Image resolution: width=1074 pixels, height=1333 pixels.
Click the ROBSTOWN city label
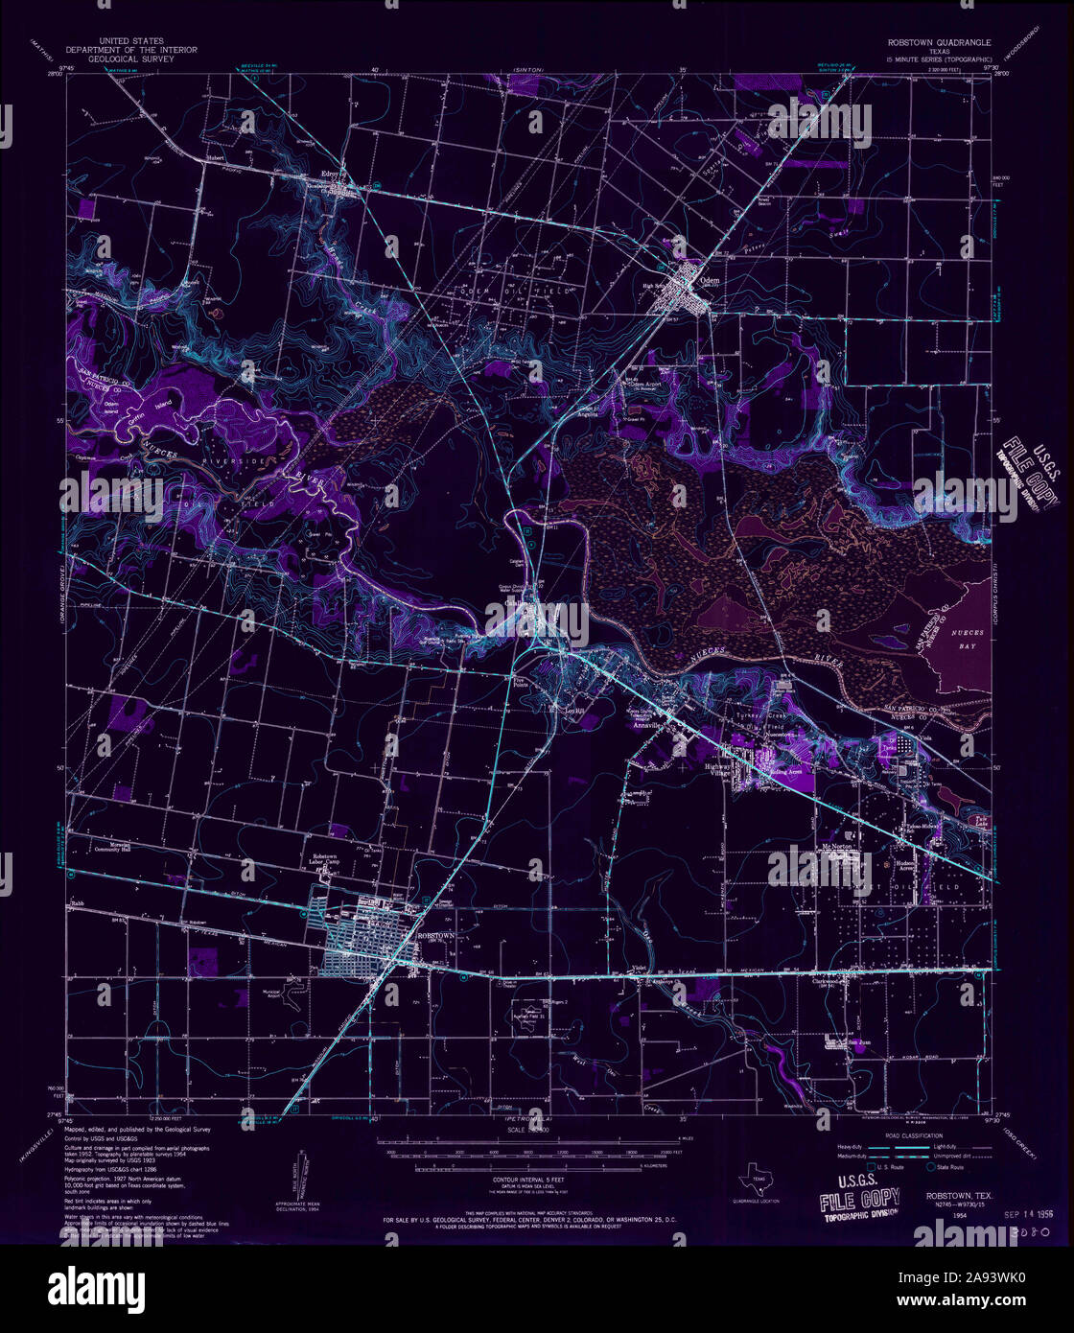point(434,933)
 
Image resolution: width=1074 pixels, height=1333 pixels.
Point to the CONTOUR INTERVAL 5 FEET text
point(530,1178)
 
